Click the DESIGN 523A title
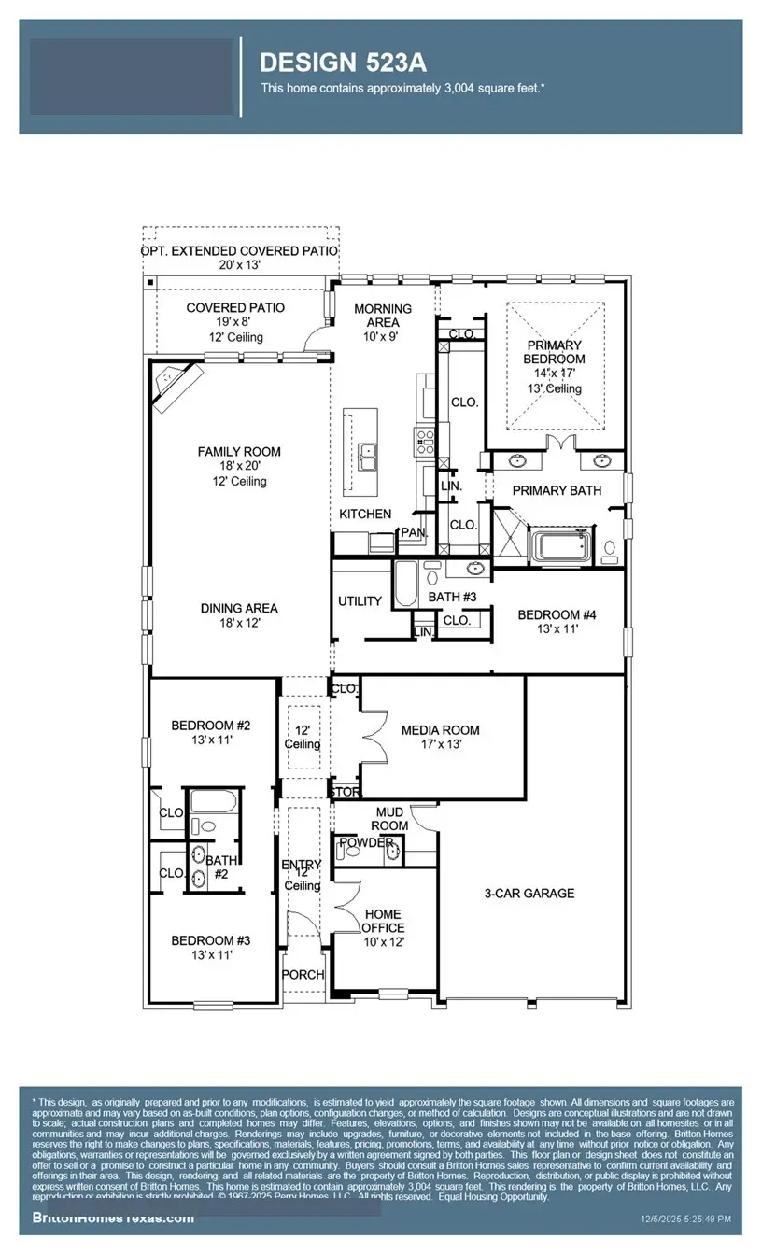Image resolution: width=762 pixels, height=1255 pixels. (343, 63)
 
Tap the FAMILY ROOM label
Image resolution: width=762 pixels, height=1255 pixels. (239, 452)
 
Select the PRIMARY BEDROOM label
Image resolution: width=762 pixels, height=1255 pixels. (554, 352)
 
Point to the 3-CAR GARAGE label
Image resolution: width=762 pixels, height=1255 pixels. (529, 894)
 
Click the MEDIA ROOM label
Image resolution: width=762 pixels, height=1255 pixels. (440, 730)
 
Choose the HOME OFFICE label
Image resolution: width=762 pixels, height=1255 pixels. (384, 921)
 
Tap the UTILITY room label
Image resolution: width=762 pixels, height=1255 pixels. (360, 600)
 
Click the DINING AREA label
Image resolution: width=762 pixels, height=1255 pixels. (239, 608)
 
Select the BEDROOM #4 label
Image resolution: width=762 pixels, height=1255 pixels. (557, 614)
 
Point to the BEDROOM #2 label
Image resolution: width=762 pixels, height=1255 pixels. (210, 725)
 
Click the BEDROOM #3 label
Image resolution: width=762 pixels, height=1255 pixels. (210, 940)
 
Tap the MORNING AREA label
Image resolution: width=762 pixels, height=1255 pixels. (382, 316)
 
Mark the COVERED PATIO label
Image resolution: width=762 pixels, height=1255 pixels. (235, 307)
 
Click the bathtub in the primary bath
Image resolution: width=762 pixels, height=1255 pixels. (560, 546)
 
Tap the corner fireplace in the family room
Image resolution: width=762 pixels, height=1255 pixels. (175, 383)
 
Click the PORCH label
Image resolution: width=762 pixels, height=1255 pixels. (303, 975)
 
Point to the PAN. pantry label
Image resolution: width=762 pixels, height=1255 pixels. (412, 532)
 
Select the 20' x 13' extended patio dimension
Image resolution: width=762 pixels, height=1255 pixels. (240, 265)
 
